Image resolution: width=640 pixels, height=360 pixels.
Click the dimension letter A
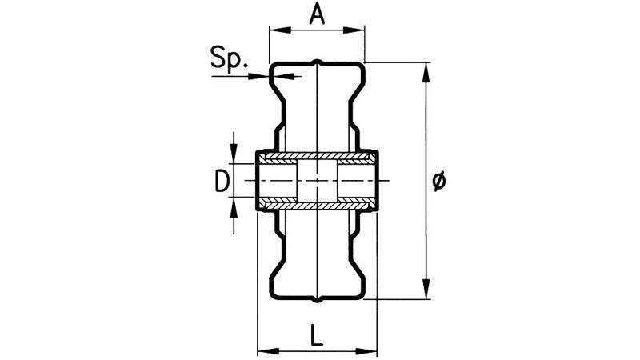tap(317, 15)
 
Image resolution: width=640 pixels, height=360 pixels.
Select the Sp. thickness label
tap(229, 58)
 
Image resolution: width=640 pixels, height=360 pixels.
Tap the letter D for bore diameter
tap(222, 182)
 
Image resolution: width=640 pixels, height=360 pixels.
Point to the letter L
tap(316, 334)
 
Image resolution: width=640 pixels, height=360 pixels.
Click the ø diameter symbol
tap(438, 182)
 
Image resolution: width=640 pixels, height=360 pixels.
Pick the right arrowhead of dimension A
tap(354, 30)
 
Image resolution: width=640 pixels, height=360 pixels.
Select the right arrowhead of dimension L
tap(366, 351)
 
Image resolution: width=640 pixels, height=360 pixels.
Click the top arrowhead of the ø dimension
tap(426, 73)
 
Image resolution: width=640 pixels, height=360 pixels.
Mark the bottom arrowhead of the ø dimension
tap(426, 289)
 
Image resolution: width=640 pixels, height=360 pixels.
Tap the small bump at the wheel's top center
tap(318, 62)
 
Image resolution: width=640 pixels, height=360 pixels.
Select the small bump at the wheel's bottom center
tap(318, 300)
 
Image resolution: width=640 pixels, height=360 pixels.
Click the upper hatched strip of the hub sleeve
tap(317, 156)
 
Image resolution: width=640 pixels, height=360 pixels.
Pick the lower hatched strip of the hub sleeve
tap(317, 204)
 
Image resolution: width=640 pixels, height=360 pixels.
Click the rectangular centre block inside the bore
tap(317, 180)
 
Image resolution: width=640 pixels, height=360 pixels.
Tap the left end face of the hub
tap(258, 181)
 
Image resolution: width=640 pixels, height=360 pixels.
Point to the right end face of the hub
tap(375, 181)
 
